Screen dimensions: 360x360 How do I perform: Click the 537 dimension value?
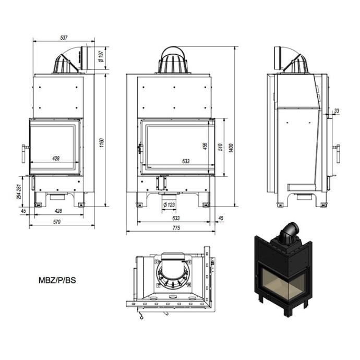coord(64,38)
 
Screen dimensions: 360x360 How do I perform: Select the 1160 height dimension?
coord(102,142)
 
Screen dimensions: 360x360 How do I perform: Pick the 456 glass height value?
coord(206,147)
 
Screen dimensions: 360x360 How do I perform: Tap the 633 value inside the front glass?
coord(185,161)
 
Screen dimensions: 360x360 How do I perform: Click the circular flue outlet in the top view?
coord(172,272)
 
